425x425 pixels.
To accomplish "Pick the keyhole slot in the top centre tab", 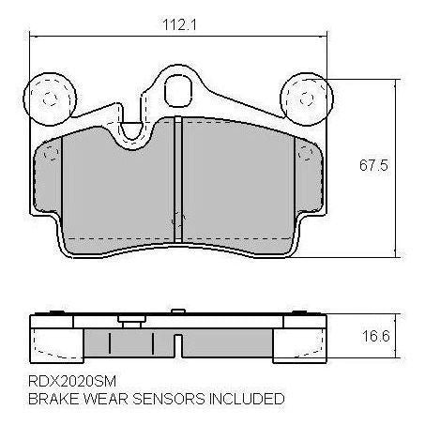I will click(176, 90).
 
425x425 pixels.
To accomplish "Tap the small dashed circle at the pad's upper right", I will click(300, 154).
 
